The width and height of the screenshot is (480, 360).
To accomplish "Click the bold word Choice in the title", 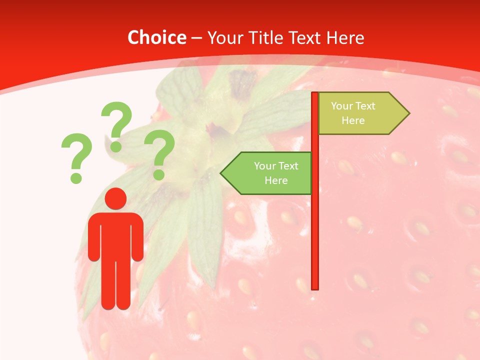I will coord(156,38).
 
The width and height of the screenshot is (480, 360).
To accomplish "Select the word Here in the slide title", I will coord(345,38).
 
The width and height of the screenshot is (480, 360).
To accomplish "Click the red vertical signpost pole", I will coord(315,225).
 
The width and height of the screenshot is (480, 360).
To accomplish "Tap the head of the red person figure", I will coord(115,198).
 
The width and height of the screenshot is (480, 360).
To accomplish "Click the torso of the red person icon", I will coord(115,235).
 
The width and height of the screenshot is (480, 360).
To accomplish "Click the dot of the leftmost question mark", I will coord(76,177).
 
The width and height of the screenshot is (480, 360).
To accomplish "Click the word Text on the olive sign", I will coord(365,106).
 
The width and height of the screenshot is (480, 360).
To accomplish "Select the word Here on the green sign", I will coord(276,180).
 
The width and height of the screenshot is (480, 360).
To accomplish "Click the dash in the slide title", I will coord(196,38).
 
